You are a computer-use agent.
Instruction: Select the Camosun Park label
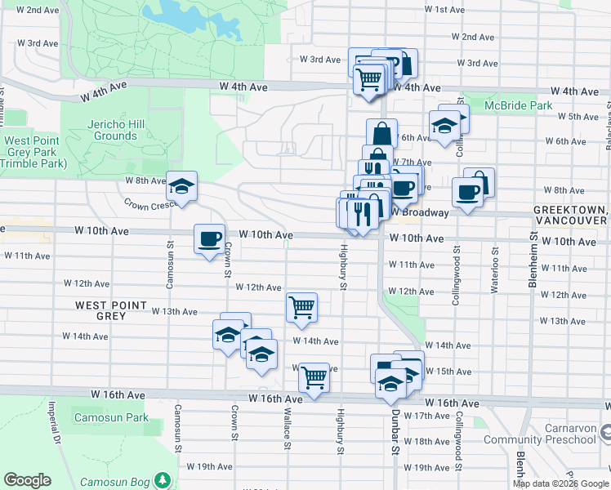click(x=111, y=417)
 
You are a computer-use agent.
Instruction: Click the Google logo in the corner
click(x=27, y=480)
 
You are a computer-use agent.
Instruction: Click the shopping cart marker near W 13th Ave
click(x=301, y=308)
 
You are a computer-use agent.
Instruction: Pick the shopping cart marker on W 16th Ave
click(x=314, y=377)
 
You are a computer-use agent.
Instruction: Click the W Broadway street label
click(x=419, y=212)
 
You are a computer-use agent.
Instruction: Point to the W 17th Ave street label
click(x=426, y=416)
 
